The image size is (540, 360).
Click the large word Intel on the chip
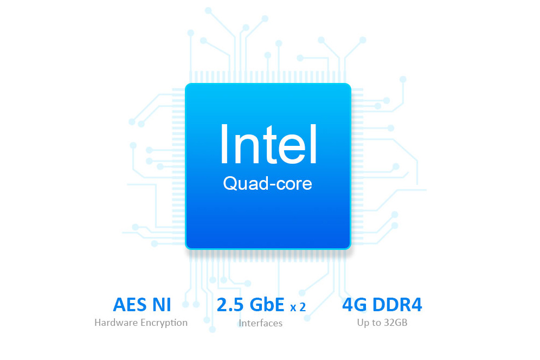(268, 144)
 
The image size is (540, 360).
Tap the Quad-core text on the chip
(268, 184)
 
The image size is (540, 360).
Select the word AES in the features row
(130, 305)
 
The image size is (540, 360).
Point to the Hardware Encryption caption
(141, 323)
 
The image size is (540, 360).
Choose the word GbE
(267, 305)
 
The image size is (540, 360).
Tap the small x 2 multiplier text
(298, 307)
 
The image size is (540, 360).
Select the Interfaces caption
(261, 323)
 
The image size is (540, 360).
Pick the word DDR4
(397, 305)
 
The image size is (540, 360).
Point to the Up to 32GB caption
(382, 323)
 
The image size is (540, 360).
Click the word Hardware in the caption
(114, 323)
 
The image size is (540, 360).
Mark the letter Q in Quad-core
(229, 184)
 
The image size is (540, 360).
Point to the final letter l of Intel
(313, 144)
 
